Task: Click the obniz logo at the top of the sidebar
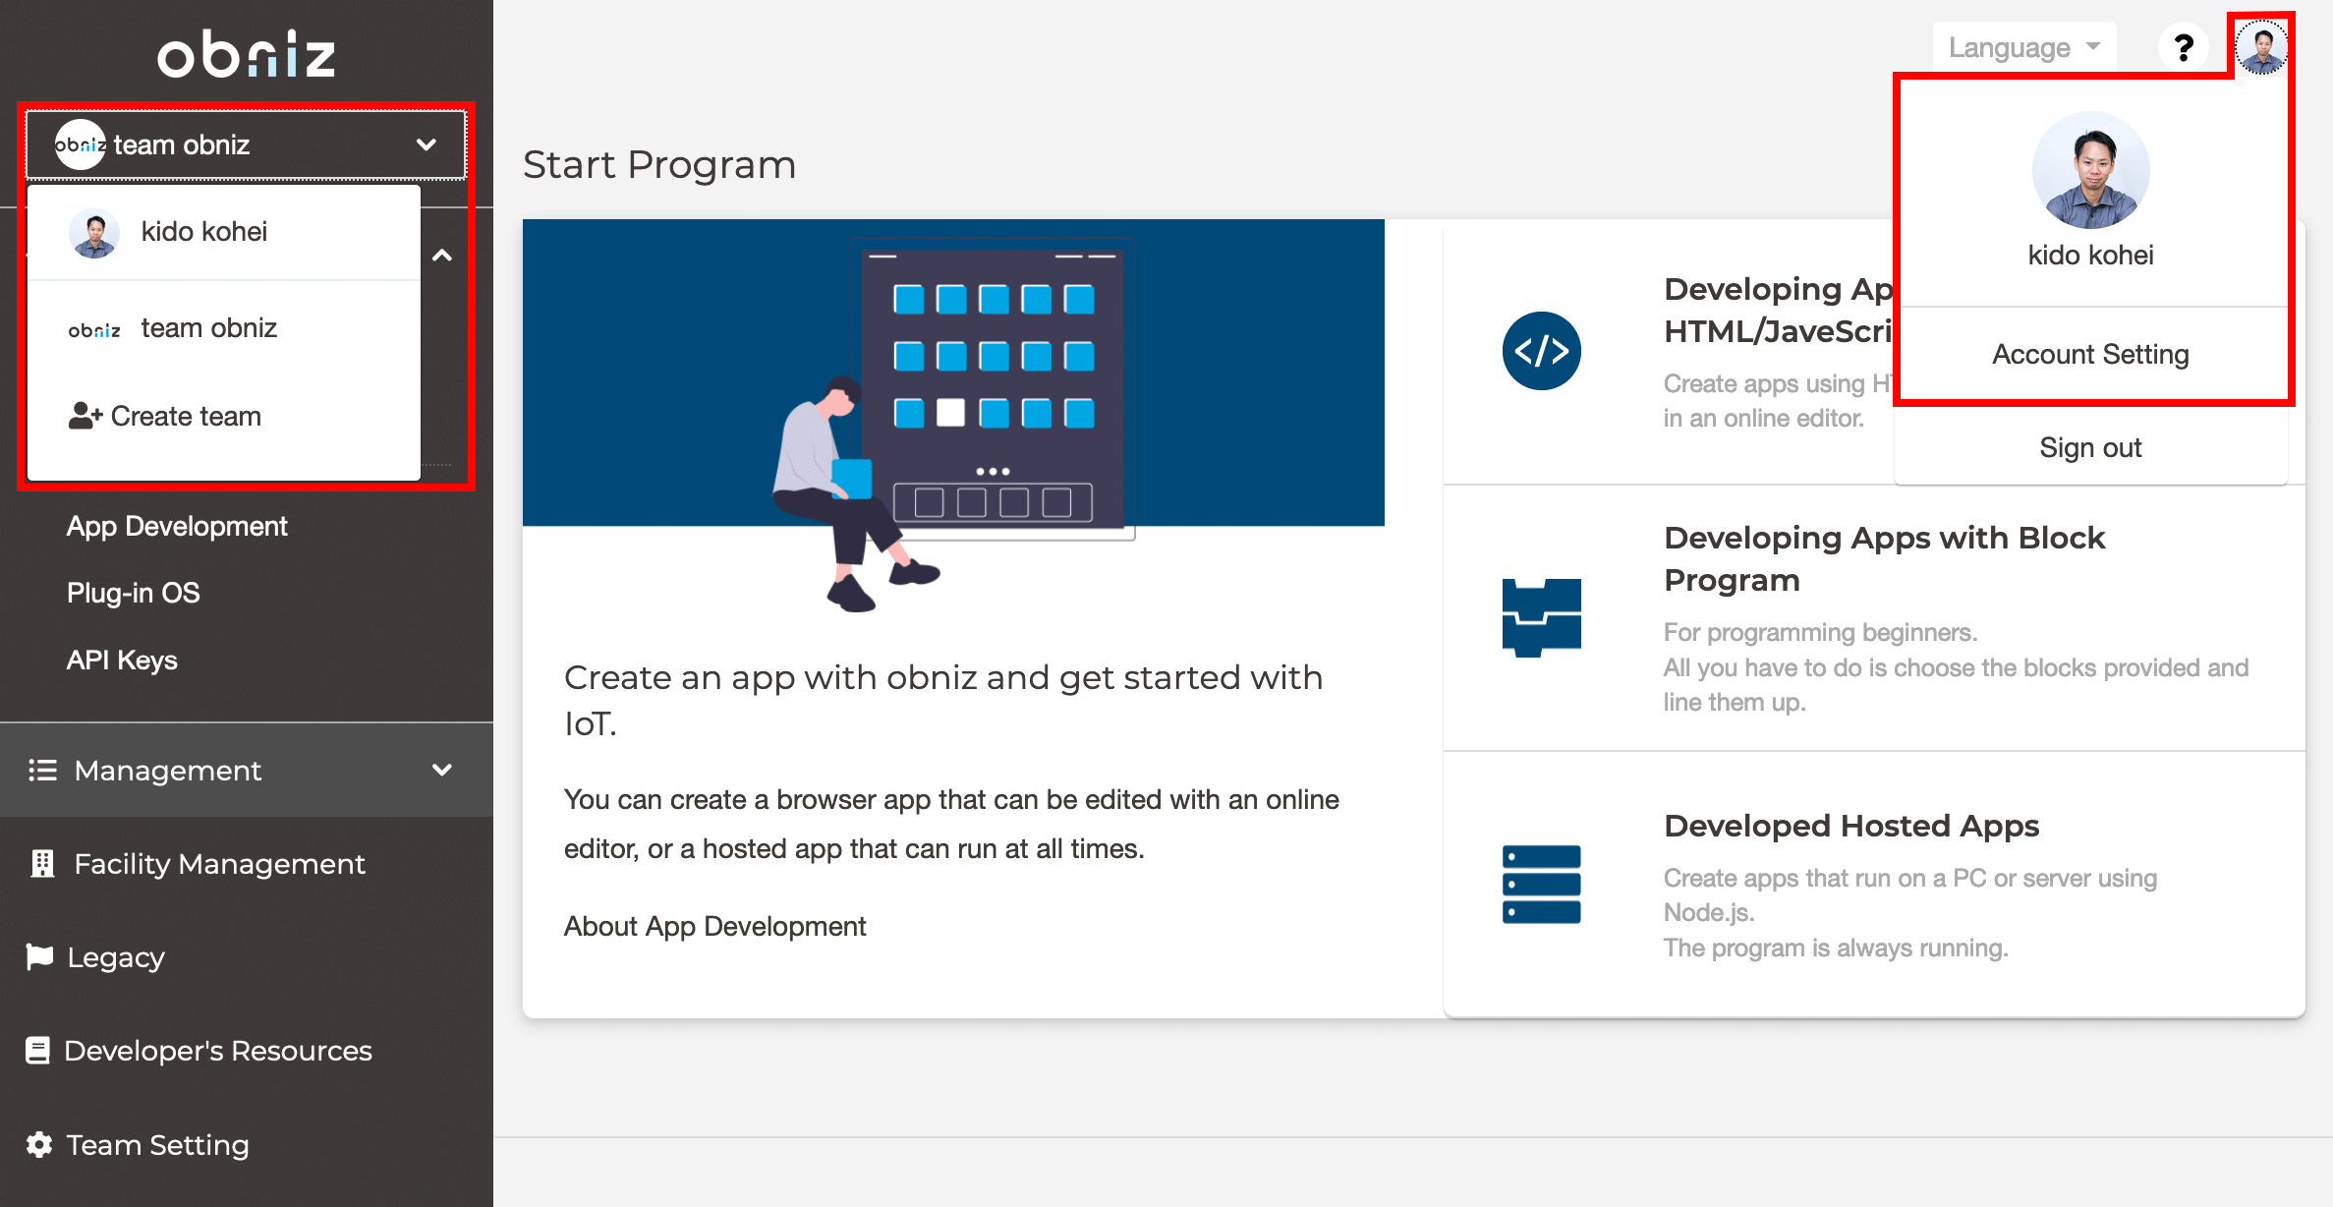point(246,54)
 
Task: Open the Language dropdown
point(2023,47)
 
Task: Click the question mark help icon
point(2184,47)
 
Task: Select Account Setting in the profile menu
point(2090,354)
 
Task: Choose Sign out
point(2090,447)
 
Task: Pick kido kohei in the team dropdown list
point(203,232)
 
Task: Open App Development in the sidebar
point(177,526)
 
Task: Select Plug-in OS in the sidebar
point(133,593)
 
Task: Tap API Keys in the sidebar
point(122,660)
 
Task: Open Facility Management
point(218,864)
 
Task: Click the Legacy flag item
point(115,957)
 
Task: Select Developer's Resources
point(217,1051)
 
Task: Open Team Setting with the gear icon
point(157,1145)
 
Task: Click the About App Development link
point(714,926)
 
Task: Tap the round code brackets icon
point(1541,351)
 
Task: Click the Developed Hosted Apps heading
point(1851,826)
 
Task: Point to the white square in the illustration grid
point(950,413)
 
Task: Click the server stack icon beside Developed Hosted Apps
point(1541,885)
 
